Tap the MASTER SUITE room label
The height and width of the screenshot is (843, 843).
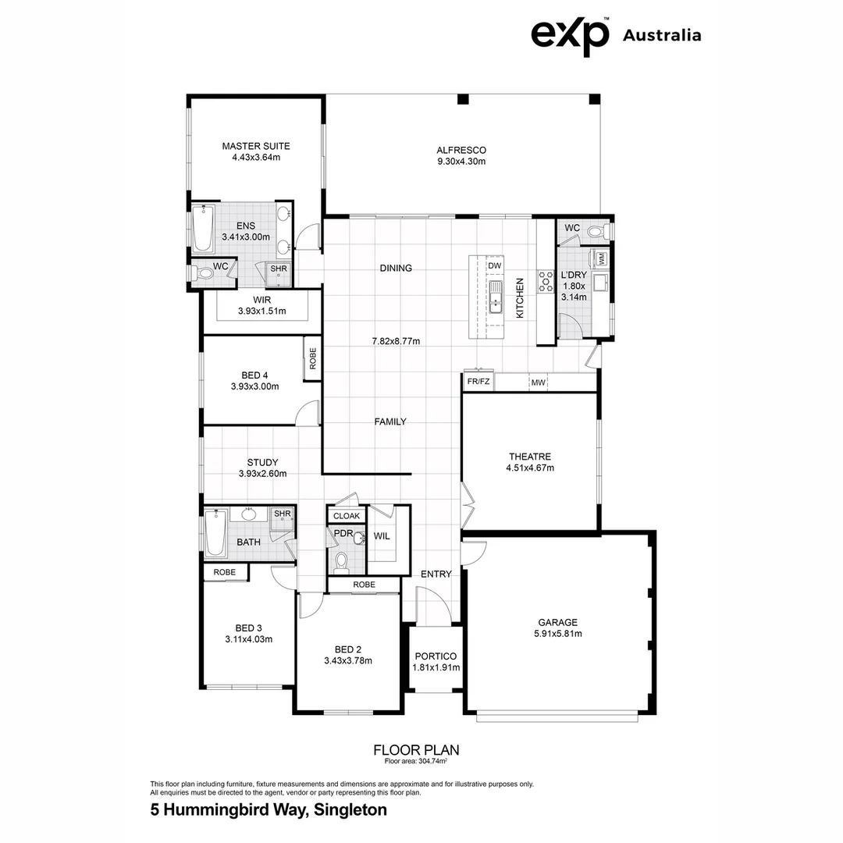tap(256, 146)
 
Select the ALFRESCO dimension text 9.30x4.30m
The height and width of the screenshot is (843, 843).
tap(461, 162)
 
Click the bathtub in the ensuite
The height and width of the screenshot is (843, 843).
tap(203, 229)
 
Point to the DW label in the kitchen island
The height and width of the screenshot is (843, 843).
tap(495, 265)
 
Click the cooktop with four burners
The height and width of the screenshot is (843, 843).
tap(546, 282)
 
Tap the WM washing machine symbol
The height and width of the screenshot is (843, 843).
tap(600, 258)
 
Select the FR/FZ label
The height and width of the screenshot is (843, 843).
tap(478, 382)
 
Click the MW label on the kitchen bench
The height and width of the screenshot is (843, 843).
tap(538, 382)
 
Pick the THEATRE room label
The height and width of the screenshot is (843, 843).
tap(530, 457)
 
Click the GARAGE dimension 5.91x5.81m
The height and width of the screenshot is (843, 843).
tap(558, 633)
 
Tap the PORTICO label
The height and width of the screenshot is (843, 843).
tap(436, 656)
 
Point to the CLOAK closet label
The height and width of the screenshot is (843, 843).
tap(347, 516)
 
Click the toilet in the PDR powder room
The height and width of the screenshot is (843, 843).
tap(341, 562)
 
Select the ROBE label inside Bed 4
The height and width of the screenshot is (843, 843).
tap(313, 358)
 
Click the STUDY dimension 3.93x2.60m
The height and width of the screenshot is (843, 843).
tap(262, 474)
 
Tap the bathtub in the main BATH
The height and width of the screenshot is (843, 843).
tap(216, 533)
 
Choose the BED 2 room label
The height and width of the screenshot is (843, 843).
tap(348, 649)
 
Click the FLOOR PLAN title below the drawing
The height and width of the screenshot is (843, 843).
tap(417, 749)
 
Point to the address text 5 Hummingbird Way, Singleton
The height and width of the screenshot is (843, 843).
tap(269, 809)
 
